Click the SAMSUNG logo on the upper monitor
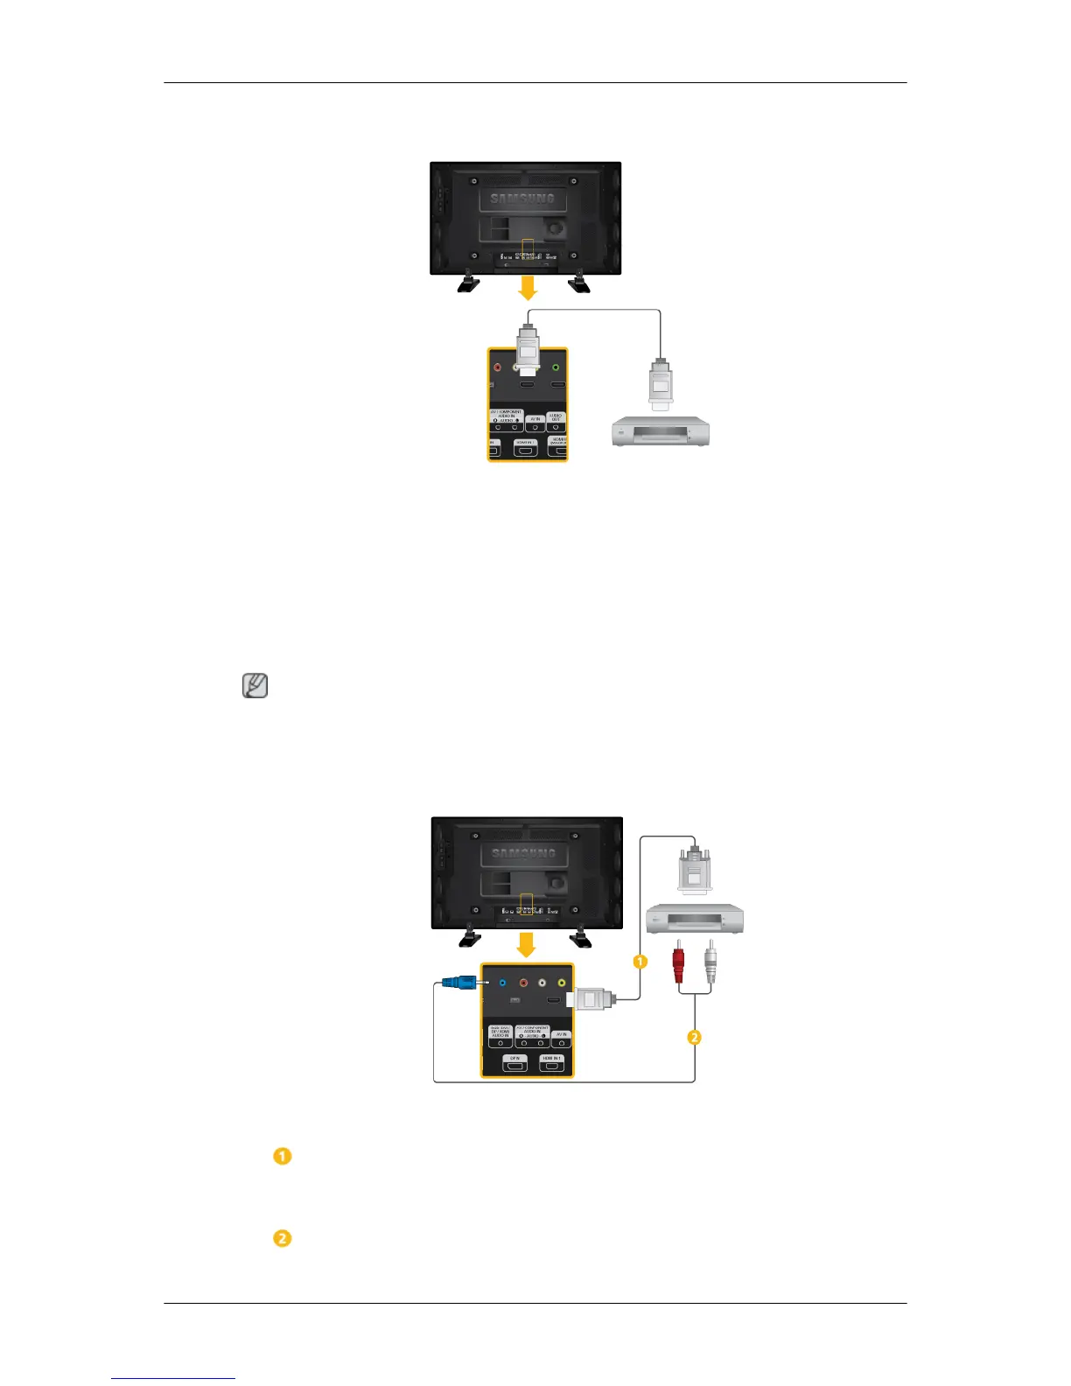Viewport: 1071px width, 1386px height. [x=522, y=199]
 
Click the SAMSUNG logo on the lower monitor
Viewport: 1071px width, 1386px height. [x=523, y=854]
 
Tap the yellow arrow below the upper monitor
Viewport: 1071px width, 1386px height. [x=527, y=289]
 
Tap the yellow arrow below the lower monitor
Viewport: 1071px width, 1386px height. [x=526, y=945]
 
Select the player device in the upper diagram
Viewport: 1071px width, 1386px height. [x=660, y=431]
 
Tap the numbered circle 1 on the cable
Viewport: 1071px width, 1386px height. [x=640, y=962]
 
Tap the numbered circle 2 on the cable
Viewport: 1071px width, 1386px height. [x=694, y=1038]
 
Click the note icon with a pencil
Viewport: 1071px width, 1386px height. [x=255, y=686]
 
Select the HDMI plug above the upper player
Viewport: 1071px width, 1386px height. [x=660, y=383]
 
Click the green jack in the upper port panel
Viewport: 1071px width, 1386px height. [x=556, y=368]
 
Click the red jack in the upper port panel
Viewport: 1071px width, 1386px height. [x=498, y=368]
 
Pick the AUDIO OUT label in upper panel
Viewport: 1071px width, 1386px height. [x=556, y=417]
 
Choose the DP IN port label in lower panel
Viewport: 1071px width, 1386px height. [x=514, y=1059]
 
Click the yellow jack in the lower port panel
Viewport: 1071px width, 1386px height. [x=561, y=983]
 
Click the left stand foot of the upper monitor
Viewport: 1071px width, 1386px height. [x=469, y=282]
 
